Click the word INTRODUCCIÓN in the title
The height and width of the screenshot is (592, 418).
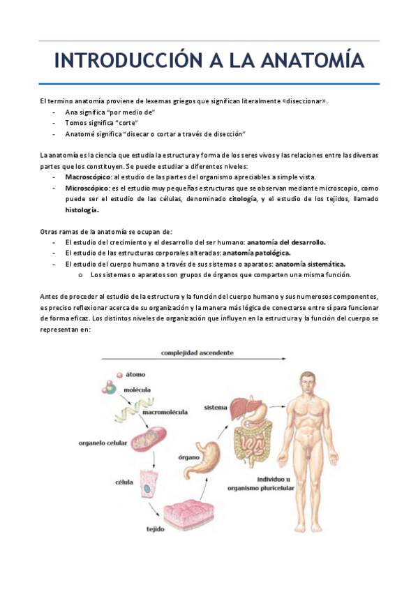click(x=128, y=61)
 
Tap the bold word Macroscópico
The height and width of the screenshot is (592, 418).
click(x=88, y=177)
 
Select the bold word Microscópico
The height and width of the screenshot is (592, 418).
click(x=87, y=188)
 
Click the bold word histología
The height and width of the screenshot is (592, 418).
click(x=82, y=210)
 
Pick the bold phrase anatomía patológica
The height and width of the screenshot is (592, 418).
click(x=257, y=253)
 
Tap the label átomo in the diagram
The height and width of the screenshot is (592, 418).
click(x=135, y=375)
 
